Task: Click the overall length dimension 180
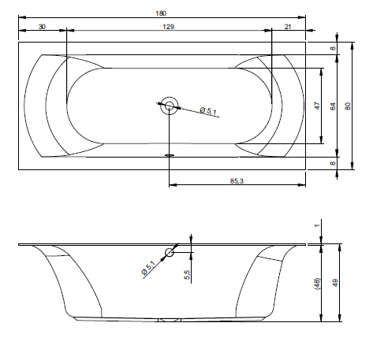(161, 13)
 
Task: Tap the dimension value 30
(42, 27)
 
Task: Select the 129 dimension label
(168, 27)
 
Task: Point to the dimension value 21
(288, 27)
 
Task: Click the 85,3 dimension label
(237, 181)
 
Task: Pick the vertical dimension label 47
(318, 106)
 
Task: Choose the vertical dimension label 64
(333, 106)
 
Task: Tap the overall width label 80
(348, 106)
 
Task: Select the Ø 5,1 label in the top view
(208, 110)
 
